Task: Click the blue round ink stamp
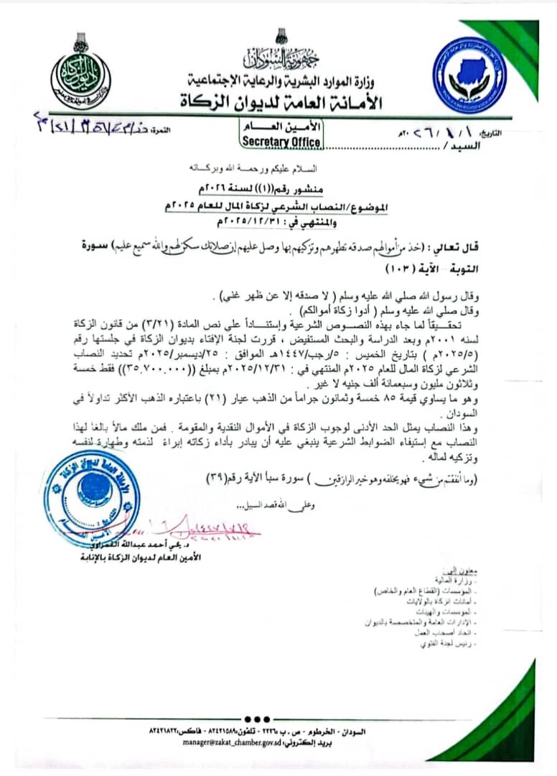[90, 497]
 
